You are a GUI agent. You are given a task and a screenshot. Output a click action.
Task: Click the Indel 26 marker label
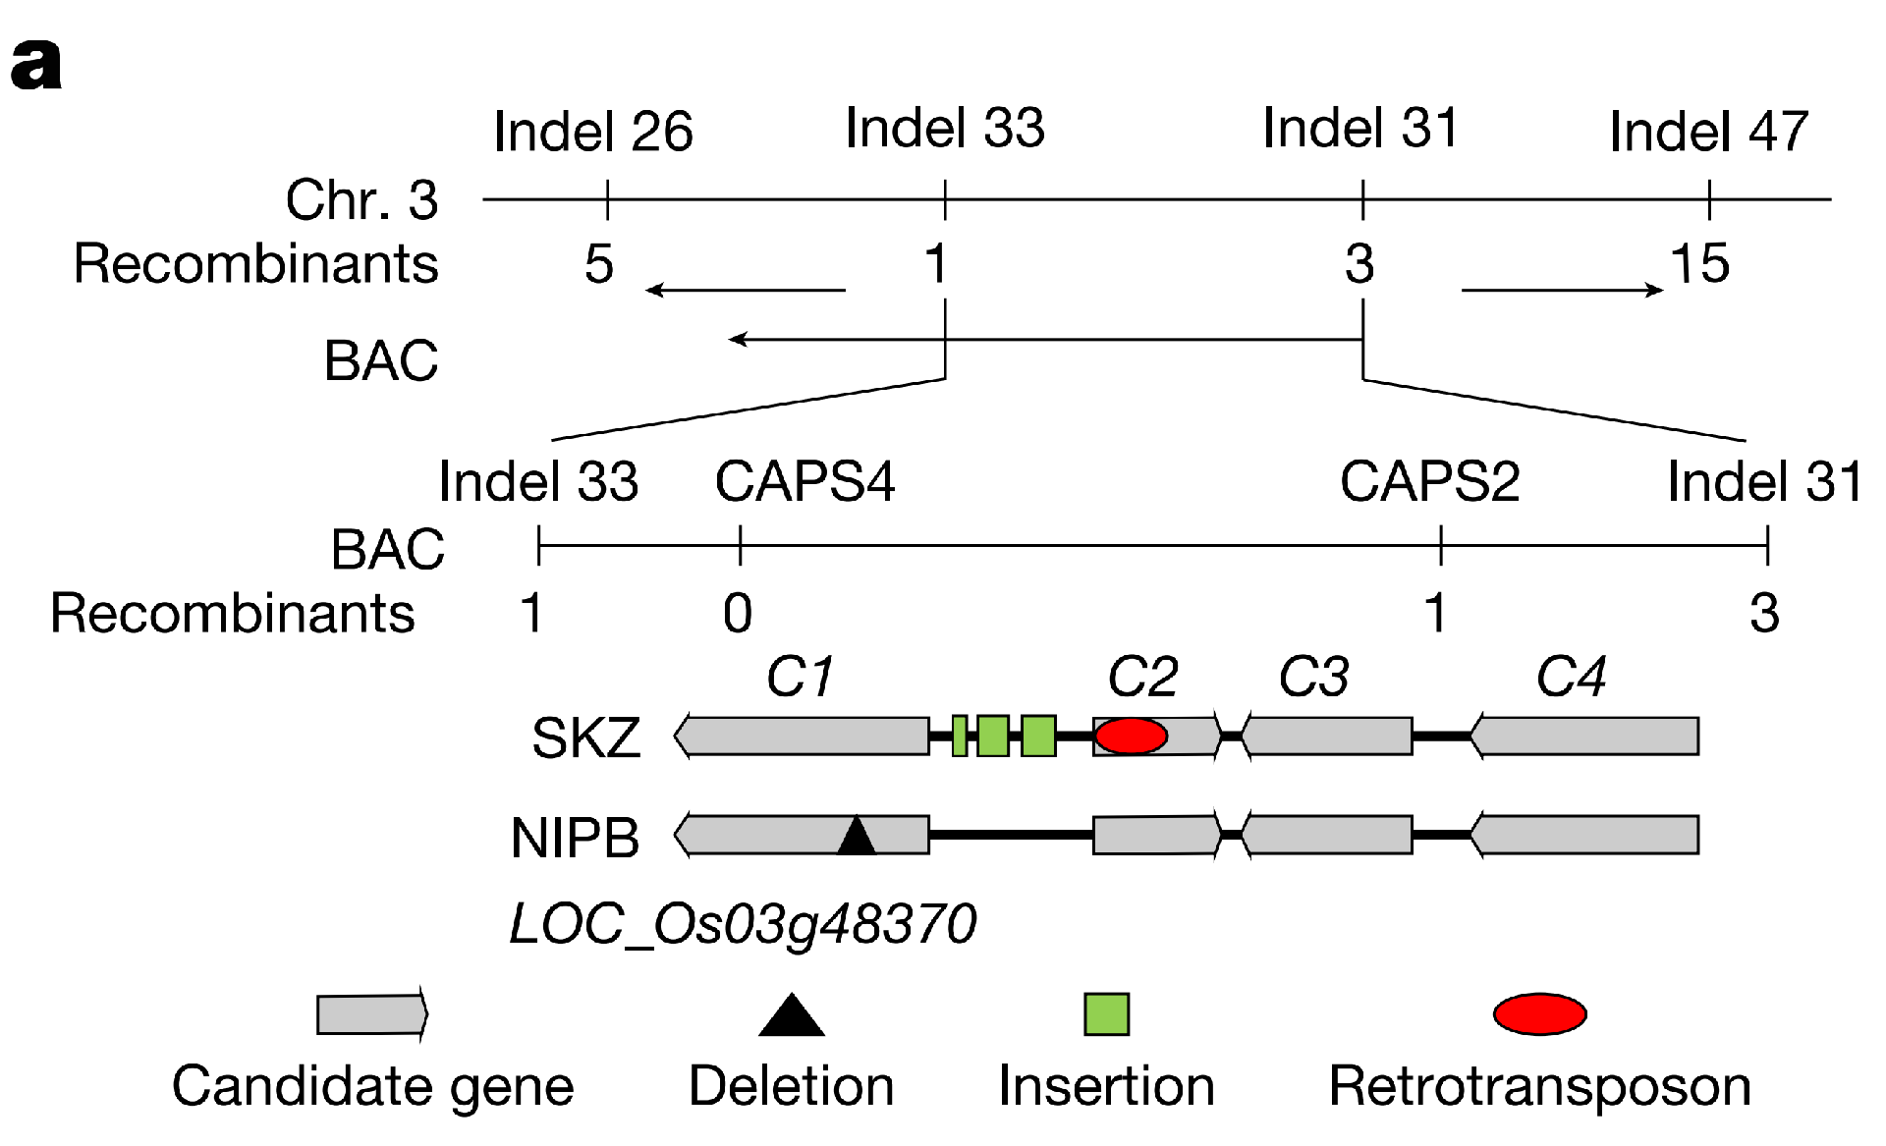pyautogui.click(x=592, y=132)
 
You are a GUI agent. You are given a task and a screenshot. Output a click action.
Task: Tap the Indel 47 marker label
pyautogui.click(x=1708, y=132)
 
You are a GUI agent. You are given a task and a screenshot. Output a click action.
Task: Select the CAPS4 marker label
pyautogui.click(x=804, y=481)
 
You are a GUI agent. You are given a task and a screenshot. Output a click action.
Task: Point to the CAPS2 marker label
pyautogui.click(x=1429, y=481)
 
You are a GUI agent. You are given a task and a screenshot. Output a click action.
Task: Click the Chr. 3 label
pyautogui.click(x=361, y=199)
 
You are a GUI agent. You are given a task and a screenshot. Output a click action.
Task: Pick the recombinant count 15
pyautogui.click(x=1699, y=263)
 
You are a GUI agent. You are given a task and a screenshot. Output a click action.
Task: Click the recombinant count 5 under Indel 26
pyautogui.click(x=598, y=263)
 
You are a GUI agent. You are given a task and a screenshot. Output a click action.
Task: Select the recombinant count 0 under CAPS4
pyautogui.click(x=738, y=613)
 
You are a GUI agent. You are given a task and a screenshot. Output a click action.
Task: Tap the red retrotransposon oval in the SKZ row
pyautogui.click(x=1131, y=736)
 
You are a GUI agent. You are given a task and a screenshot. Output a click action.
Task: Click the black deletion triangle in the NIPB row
pyautogui.click(x=857, y=837)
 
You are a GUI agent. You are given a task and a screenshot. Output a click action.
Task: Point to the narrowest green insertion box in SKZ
pyautogui.click(x=960, y=736)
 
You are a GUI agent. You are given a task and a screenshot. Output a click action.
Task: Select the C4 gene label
pyautogui.click(x=1570, y=677)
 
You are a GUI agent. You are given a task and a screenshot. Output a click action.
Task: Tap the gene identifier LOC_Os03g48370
pyautogui.click(x=743, y=924)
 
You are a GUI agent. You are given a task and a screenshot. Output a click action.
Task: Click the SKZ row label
pyautogui.click(x=585, y=737)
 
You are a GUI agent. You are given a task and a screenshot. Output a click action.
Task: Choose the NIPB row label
pyautogui.click(x=575, y=838)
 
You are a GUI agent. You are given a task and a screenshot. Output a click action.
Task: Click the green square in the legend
pyautogui.click(x=1106, y=1014)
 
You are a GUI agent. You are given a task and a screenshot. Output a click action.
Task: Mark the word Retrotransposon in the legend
pyautogui.click(x=1539, y=1086)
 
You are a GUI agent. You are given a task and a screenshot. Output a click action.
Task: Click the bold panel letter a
pyautogui.click(x=36, y=65)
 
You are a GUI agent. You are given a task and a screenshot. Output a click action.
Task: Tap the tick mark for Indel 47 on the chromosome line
pyautogui.click(x=1709, y=199)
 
